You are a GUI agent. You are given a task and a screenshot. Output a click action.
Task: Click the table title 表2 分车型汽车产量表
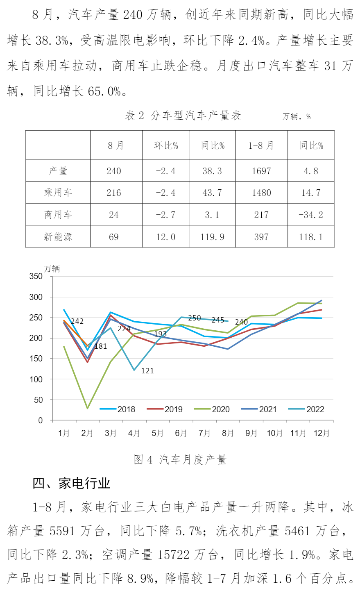point(183,116)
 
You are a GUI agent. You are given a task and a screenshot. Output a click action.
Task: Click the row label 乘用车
point(58,193)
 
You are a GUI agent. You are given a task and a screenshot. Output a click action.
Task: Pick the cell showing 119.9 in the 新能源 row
point(213,237)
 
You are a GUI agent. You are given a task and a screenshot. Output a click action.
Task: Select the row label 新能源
point(58,237)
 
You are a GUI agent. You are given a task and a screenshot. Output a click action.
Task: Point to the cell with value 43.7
point(212,193)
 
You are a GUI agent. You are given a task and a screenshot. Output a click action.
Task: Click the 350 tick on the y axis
point(36,277)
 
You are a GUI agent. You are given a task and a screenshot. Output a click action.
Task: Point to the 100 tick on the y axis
point(36,379)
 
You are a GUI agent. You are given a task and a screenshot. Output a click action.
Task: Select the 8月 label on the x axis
point(228,433)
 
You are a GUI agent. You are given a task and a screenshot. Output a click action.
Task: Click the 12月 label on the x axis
point(322,433)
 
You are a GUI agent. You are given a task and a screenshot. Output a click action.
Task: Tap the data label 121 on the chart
point(147,371)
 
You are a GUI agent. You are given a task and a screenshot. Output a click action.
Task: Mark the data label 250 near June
point(195,318)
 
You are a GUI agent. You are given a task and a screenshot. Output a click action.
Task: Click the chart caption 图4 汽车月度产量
point(180,460)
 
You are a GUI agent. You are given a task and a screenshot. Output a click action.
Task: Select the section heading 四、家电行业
point(71,484)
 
